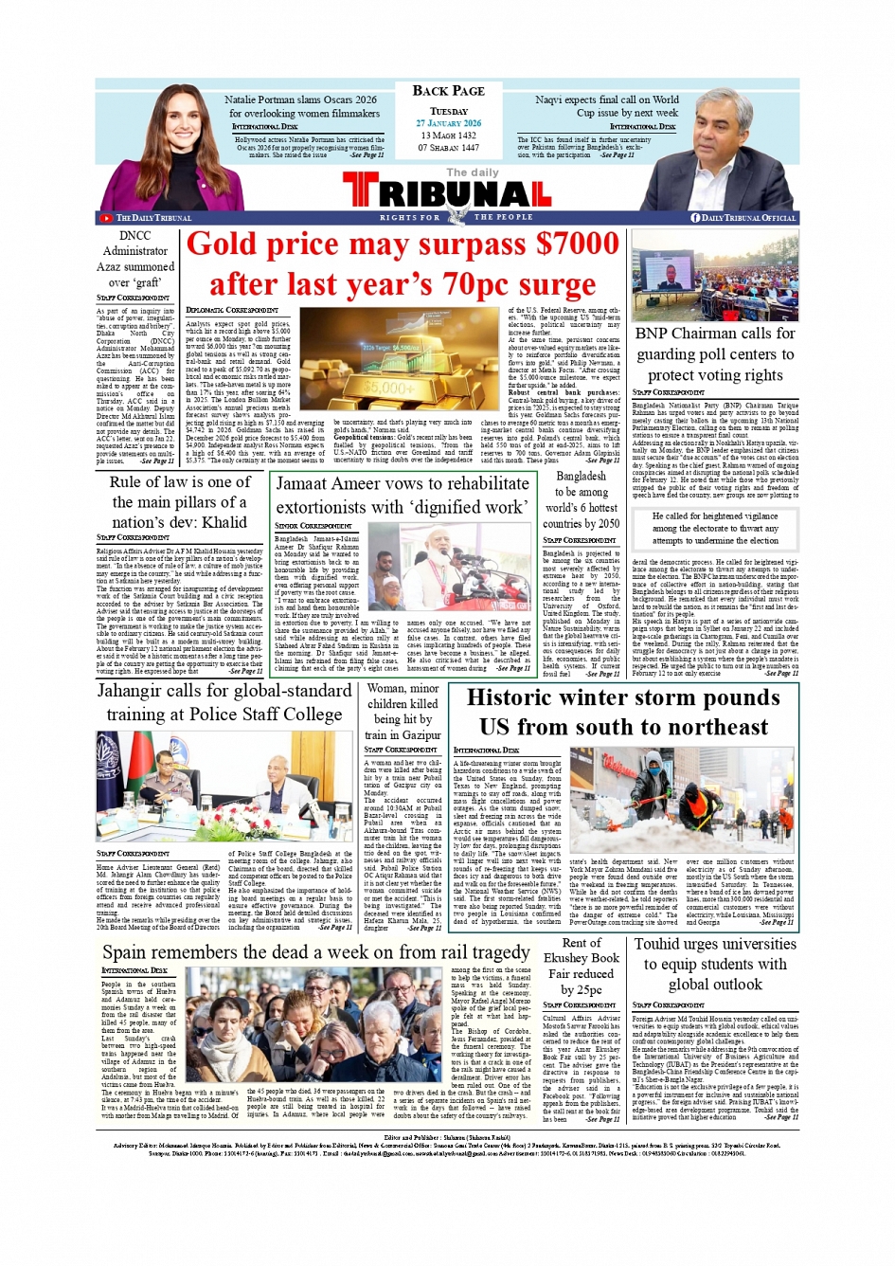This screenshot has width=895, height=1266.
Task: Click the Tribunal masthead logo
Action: [448, 192]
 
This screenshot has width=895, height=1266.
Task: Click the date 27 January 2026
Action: [448, 123]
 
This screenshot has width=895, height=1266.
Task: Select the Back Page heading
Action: [448, 91]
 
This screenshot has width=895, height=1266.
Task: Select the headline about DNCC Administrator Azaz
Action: [135, 259]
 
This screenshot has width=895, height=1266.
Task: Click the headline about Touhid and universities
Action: [715, 964]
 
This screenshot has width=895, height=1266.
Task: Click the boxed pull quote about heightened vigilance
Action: [715, 528]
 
